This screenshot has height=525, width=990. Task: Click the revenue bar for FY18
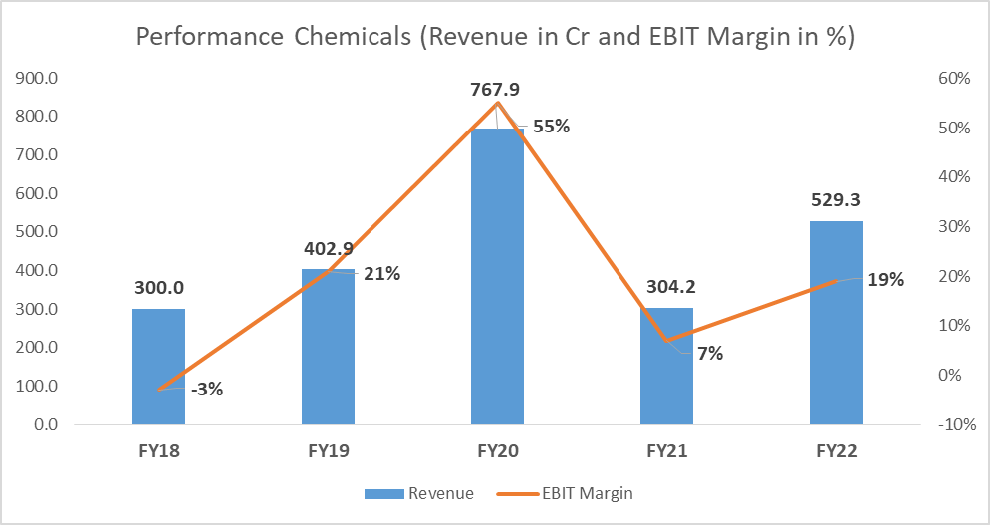[158, 366]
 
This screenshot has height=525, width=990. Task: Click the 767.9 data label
[497, 90]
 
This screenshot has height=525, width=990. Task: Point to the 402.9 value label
[329, 250]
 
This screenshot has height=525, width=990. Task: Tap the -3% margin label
[206, 389]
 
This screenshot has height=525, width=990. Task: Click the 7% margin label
[709, 353]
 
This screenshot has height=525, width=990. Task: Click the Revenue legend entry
[419, 493]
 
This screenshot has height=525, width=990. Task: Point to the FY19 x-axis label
[329, 450]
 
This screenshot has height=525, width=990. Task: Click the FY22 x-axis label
[836, 450]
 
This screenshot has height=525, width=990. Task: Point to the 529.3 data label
[836, 202]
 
